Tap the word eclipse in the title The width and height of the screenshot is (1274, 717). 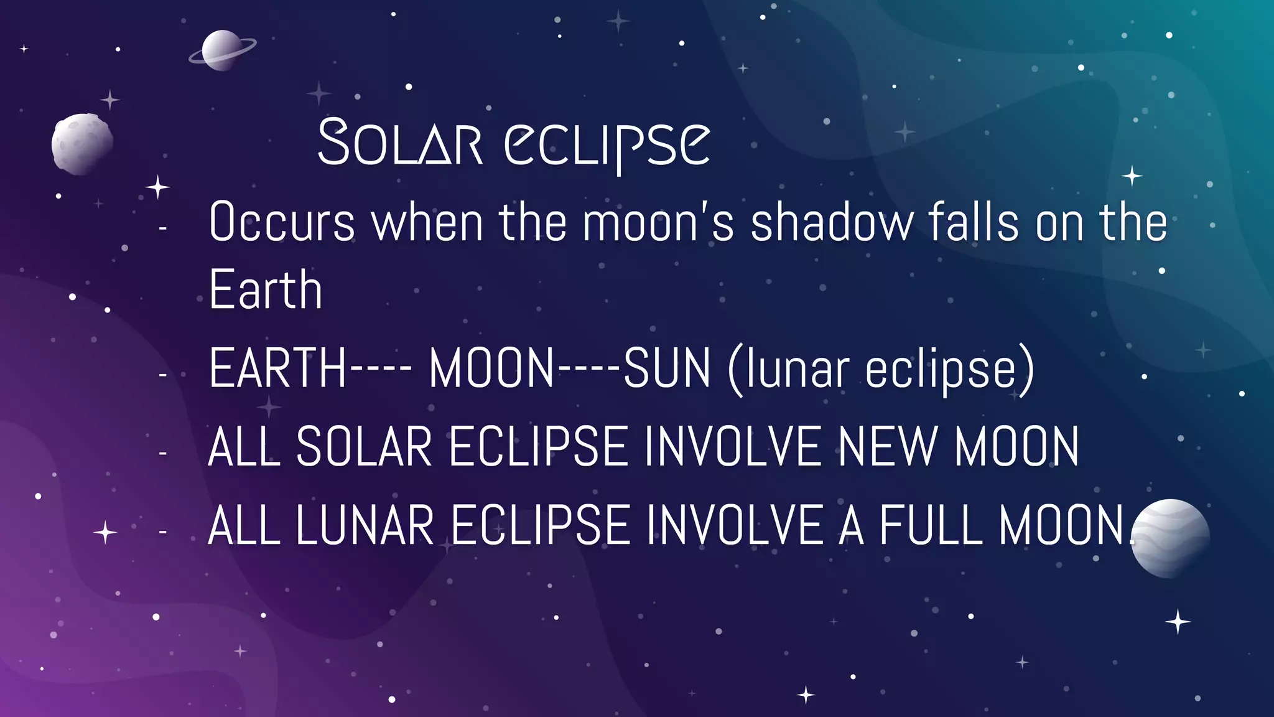607,144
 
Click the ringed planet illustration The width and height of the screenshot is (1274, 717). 222,50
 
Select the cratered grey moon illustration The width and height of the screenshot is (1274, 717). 82,143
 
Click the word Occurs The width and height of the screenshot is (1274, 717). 282,222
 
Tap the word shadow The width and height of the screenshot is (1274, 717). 832,222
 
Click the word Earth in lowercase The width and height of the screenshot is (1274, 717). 266,289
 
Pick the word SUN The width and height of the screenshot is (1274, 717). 667,368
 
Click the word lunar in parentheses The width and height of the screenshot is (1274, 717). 797,368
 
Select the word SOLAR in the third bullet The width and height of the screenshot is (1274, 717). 364,446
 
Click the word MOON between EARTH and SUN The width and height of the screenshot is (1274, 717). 491,368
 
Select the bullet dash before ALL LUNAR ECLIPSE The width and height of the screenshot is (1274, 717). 163,532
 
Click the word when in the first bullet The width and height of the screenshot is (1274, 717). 427,222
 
